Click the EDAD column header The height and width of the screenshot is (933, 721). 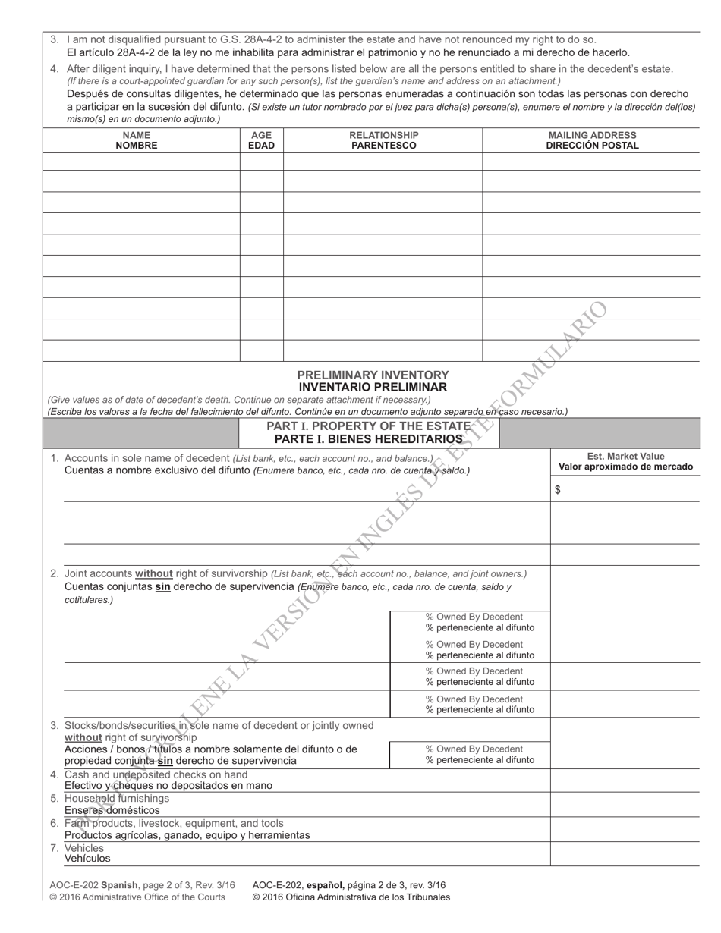tap(261, 146)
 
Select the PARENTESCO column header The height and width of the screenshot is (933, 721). tap(383, 146)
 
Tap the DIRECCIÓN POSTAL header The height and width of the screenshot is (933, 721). tap(592, 146)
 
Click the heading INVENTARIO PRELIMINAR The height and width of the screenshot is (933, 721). tap(373, 387)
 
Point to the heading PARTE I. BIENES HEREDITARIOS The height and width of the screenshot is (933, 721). tap(369, 439)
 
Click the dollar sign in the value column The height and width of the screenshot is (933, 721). tap(558, 490)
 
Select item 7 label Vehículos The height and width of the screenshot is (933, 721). tap(87, 859)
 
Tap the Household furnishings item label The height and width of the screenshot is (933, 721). tap(117, 799)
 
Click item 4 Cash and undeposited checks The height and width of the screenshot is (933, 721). tap(156, 774)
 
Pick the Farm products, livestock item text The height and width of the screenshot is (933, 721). tap(174, 823)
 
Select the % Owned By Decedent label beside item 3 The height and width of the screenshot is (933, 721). tap(475, 749)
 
